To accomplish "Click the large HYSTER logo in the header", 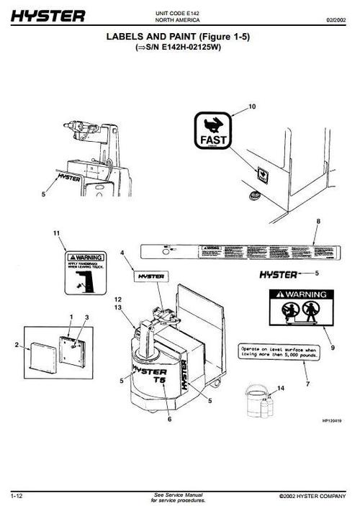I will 48,15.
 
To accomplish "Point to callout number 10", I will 252,107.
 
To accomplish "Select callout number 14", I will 281,389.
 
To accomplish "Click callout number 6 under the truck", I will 169,418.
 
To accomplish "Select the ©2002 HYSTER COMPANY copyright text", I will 314,497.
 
